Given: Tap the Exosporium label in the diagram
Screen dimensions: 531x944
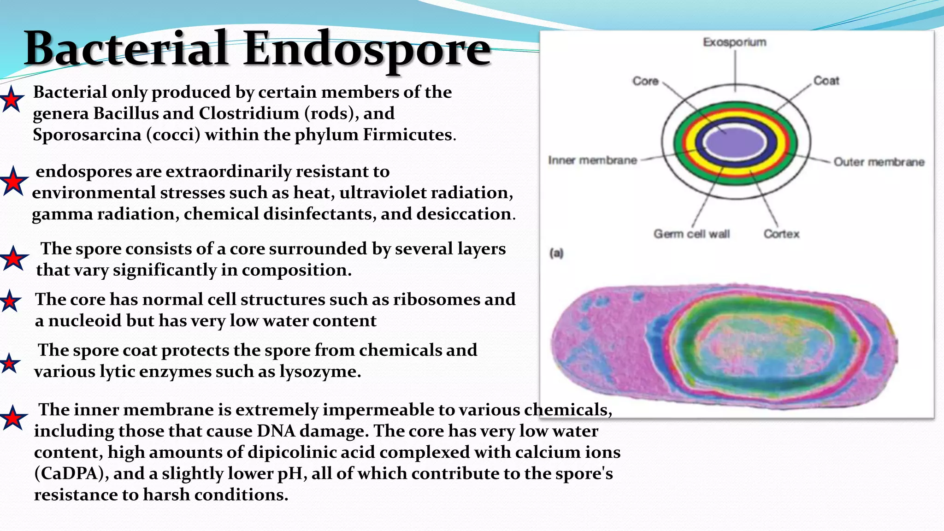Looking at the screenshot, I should point(734,42).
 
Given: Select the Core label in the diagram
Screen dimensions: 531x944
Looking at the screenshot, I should point(645,81).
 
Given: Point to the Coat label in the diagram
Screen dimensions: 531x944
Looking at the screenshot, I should point(826,81).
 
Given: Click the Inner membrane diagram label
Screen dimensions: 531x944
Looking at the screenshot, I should point(592,160).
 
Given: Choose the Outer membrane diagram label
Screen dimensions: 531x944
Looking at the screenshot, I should point(879,162).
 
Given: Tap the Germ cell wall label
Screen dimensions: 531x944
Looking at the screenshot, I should point(691,234).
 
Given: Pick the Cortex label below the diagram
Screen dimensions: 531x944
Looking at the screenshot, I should point(781,234).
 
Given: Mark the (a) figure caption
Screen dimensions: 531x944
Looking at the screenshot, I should point(556,253).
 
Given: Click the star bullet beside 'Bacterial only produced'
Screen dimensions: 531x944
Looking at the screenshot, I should point(12,100).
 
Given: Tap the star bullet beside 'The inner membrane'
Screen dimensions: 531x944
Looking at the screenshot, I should point(13,418).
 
